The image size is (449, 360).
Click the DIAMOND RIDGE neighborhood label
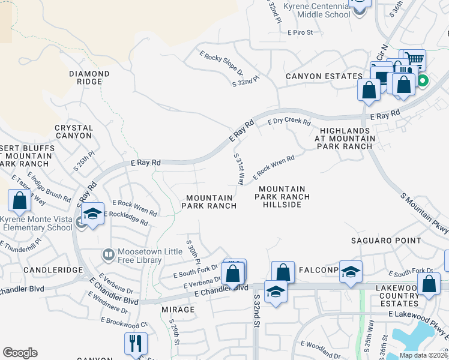89,77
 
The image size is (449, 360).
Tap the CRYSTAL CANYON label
74,131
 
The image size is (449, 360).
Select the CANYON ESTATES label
324,76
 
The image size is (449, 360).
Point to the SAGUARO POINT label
386,241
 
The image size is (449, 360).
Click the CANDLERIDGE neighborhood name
53,270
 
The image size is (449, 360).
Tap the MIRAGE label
178,310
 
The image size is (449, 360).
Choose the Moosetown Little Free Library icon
108,255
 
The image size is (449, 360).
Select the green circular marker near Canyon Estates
423,80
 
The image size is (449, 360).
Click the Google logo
20,353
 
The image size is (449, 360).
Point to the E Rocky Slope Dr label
221,62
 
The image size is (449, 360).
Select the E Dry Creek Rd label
289,121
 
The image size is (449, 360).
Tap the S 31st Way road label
238,169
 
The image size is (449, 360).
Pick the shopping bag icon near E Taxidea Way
19,200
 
